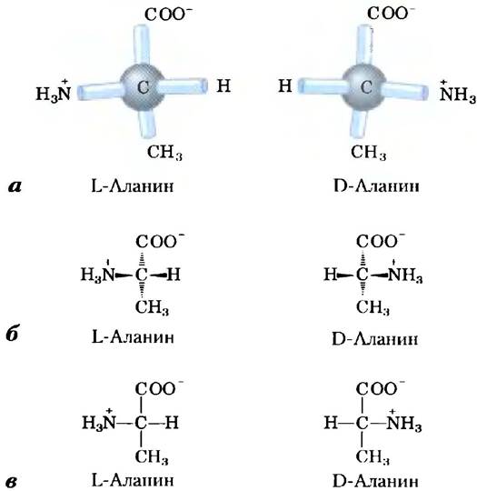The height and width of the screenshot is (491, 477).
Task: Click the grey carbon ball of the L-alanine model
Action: click(x=143, y=87)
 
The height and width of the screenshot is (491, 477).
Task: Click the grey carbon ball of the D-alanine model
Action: click(x=364, y=86)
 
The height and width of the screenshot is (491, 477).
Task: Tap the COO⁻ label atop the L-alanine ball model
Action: click(x=168, y=15)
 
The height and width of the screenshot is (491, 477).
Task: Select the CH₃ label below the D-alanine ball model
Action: click(x=368, y=153)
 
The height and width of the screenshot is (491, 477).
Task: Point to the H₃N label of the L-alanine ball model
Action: click(x=54, y=91)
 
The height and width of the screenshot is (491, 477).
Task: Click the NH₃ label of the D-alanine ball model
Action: click(x=458, y=93)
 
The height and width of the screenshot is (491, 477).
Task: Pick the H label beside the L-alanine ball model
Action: click(x=224, y=85)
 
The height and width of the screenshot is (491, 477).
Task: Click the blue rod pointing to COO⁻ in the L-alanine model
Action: click(x=143, y=45)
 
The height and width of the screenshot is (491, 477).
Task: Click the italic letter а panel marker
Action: click(x=15, y=187)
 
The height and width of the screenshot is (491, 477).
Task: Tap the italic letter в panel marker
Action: click(x=12, y=482)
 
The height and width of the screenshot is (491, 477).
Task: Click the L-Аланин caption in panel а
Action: click(x=132, y=186)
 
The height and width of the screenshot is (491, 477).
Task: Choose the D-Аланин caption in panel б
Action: click(x=374, y=339)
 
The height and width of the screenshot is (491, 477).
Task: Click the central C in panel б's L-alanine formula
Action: click(x=141, y=275)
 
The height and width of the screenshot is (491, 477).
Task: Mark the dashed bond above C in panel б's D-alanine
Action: click(x=363, y=258)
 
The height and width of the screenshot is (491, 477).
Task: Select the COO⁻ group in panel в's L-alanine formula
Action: click(x=160, y=388)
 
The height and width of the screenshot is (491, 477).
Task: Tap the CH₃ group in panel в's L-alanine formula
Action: click(x=152, y=456)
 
